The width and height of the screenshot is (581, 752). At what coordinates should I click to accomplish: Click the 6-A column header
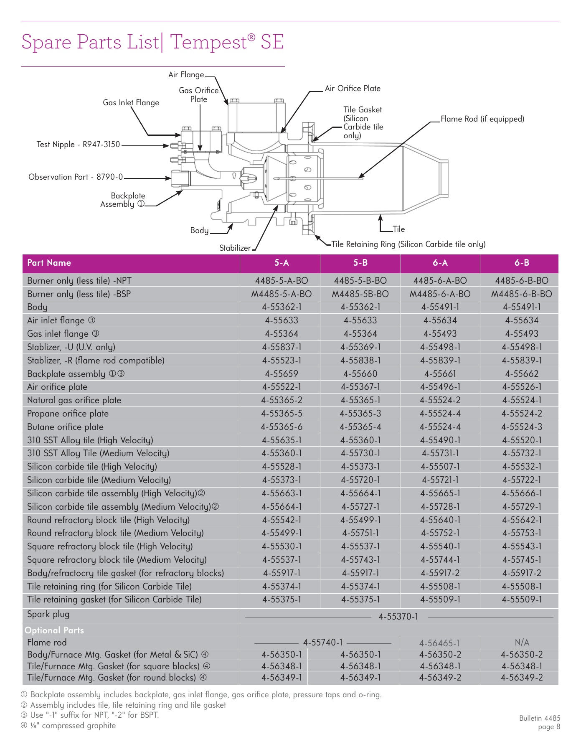440,263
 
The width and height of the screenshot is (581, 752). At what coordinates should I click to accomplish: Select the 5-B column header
360,263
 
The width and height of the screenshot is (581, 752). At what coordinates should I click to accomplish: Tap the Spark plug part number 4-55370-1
398,617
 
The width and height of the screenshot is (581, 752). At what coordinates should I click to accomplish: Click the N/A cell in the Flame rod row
522,643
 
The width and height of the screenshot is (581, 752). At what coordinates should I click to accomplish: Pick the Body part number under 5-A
282,307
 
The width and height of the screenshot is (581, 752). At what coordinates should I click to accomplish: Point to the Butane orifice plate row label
65,427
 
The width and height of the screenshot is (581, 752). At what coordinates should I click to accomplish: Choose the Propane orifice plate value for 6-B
522,414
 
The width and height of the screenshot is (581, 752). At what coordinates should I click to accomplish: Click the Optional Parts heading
54,630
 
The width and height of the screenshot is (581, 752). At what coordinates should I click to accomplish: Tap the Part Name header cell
49,263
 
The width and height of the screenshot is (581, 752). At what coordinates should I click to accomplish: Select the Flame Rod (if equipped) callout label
482,119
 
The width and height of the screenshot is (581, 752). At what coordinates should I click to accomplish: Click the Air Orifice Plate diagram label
353,89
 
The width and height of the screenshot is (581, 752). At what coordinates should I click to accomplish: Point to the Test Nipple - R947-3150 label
78,145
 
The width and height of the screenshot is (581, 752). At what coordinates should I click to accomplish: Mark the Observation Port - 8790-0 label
76,177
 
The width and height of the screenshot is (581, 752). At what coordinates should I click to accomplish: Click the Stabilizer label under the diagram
235,248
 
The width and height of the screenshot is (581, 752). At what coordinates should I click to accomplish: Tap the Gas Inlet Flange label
131,103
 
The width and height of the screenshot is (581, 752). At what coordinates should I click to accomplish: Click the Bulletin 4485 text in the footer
540,718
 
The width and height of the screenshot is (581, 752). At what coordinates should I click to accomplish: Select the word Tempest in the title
208,42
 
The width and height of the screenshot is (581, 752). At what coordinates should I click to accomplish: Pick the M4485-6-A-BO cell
440,294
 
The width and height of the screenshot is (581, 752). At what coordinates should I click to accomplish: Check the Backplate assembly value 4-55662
522,374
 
